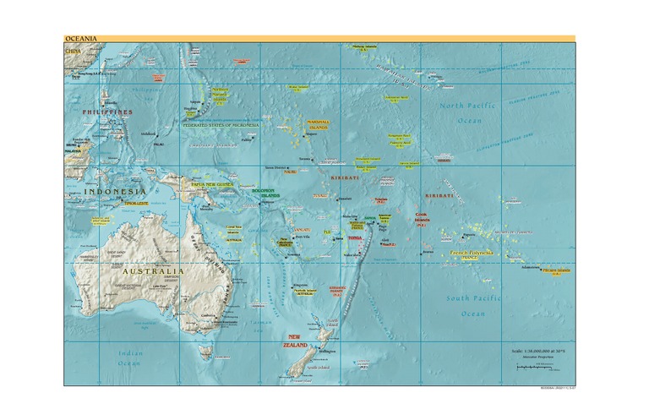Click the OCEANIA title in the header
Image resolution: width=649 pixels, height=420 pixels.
(x=80, y=39)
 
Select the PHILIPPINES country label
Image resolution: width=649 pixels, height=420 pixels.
(x=107, y=112)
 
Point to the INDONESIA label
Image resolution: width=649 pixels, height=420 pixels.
(x=115, y=193)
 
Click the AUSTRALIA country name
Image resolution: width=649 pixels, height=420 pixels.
(x=151, y=271)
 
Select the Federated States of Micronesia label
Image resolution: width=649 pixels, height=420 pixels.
(x=221, y=125)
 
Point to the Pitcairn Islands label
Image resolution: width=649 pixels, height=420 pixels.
(x=557, y=271)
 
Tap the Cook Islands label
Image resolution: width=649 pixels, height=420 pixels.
(x=422, y=217)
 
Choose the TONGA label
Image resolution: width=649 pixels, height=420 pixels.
(x=355, y=239)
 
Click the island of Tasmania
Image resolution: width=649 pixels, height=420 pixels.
(x=205, y=351)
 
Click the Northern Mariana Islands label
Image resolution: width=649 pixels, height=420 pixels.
(x=220, y=95)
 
